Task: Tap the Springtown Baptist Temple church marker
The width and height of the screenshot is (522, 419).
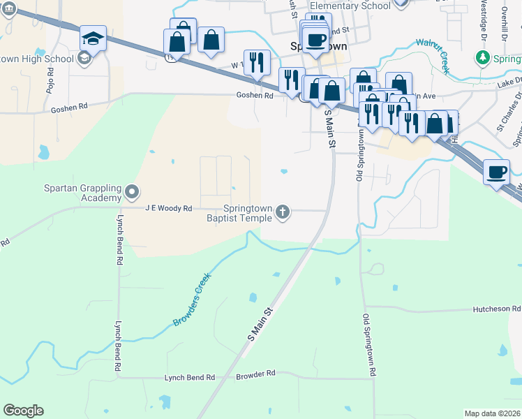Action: (x=283, y=212)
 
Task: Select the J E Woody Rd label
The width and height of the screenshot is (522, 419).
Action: (x=168, y=208)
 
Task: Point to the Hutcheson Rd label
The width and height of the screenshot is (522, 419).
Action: (x=497, y=308)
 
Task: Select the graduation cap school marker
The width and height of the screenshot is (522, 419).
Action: (x=93, y=39)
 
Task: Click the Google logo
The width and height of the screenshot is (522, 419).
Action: (x=23, y=411)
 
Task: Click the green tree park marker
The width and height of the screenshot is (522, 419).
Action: (x=481, y=57)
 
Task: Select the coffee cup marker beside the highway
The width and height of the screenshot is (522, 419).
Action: (x=497, y=172)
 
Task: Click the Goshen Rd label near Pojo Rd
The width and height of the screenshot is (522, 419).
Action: (x=69, y=109)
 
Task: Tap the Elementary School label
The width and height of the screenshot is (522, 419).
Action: (x=350, y=6)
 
